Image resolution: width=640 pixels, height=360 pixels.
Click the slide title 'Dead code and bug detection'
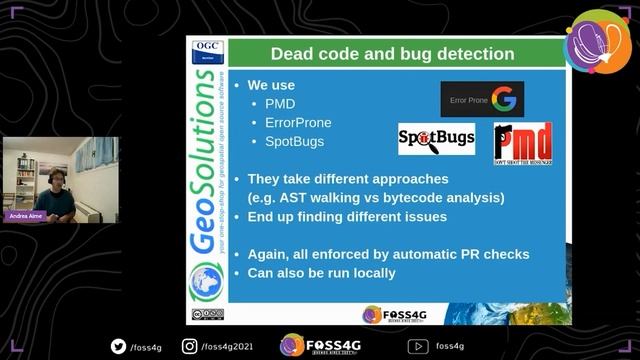pos(393,53)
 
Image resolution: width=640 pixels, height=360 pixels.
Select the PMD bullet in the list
pos(282,104)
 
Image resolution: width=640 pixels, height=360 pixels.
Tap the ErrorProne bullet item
pos(298,123)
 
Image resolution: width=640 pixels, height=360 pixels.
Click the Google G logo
pos(503,100)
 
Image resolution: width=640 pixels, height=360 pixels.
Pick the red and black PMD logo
pos(523,143)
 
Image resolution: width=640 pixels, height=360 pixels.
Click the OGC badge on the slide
pos(207,49)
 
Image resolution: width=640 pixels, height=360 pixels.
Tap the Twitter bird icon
pos(118,346)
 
